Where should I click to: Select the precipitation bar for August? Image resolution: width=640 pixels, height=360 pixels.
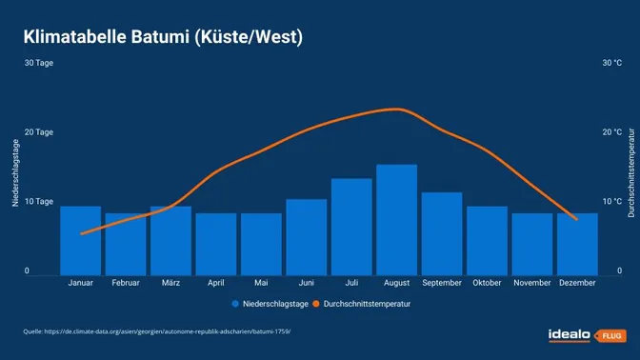(396, 219)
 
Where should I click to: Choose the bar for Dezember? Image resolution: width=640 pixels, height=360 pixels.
(577, 244)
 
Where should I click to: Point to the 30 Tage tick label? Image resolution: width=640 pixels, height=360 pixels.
(39, 63)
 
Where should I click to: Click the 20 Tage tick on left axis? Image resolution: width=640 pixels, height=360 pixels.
(39, 132)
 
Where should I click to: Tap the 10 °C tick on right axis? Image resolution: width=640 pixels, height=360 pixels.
(611, 202)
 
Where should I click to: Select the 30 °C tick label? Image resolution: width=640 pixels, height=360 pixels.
(611, 63)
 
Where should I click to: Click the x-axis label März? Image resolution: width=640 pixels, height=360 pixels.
(170, 283)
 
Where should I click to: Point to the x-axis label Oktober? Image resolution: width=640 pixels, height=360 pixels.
(487, 283)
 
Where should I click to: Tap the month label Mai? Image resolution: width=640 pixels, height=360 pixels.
(261, 283)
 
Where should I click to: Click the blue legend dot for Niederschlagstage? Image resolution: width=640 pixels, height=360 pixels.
(234, 304)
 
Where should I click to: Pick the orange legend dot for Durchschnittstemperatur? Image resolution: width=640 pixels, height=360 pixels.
(316, 304)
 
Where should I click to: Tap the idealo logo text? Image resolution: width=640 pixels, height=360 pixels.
(569, 334)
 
